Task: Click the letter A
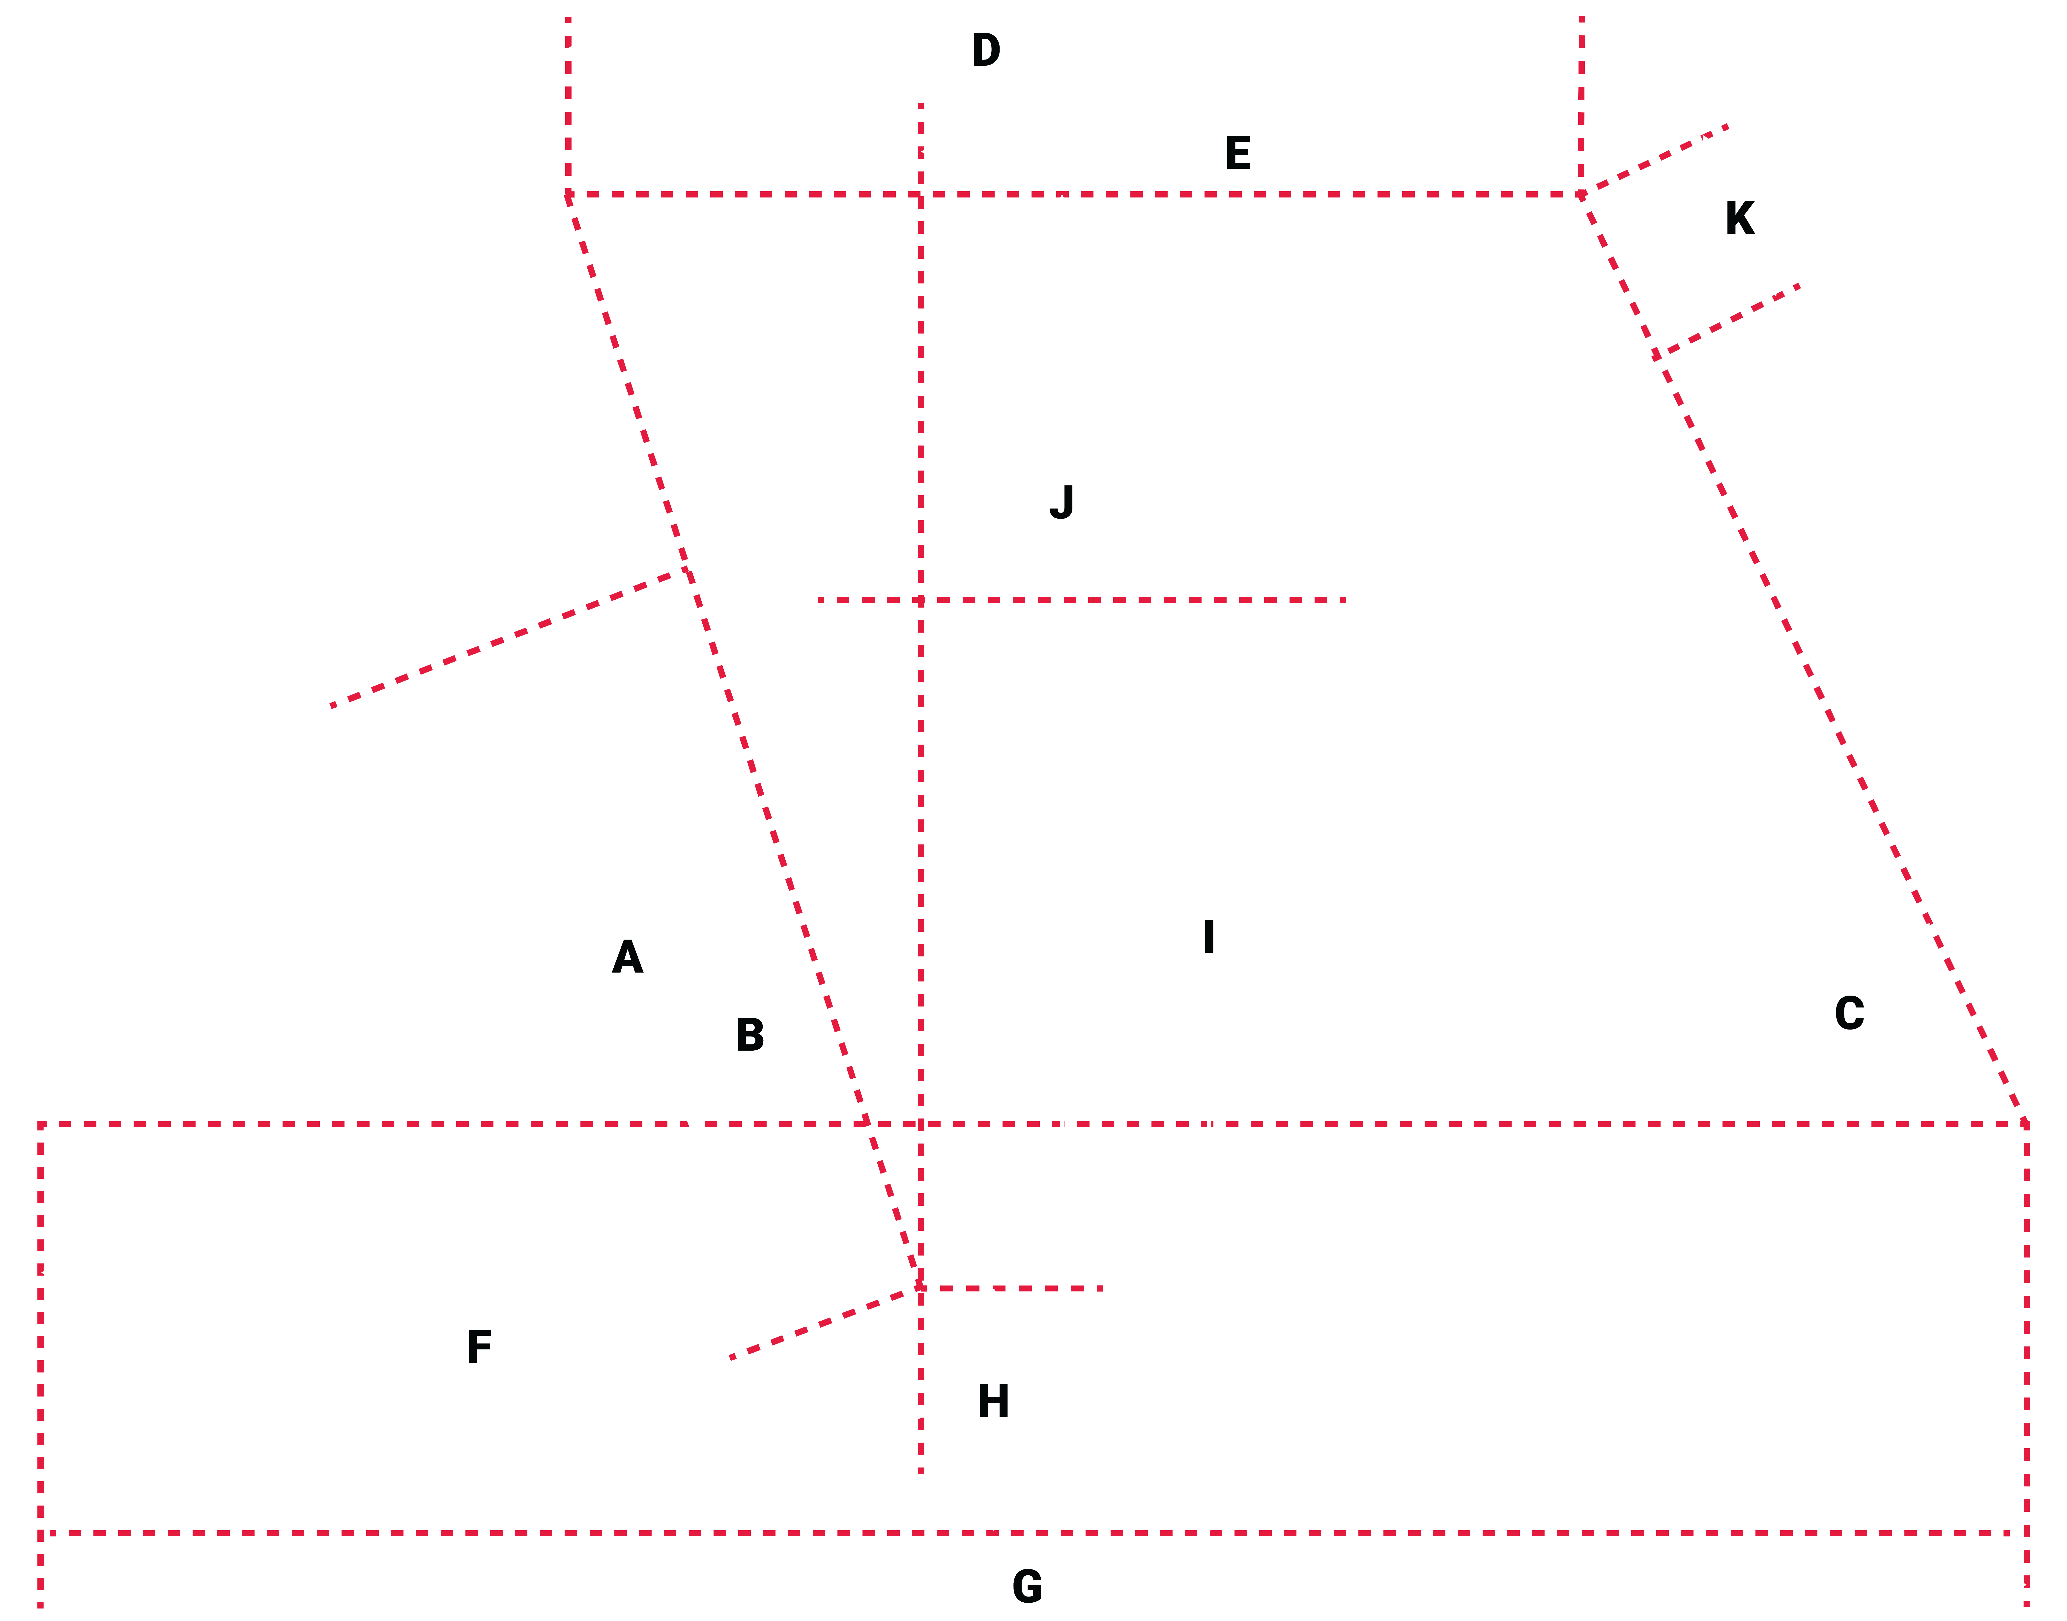tap(627, 958)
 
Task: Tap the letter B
tap(750, 1034)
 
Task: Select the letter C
tap(1849, 1014)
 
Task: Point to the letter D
tap(986, 50)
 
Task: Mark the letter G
tap(1027, 1587)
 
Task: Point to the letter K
tap(1739, 218)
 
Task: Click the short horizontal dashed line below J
tap(1082, 600)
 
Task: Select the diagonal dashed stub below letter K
tap(1727, 321)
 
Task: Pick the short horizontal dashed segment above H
tap(1011, 1288)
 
